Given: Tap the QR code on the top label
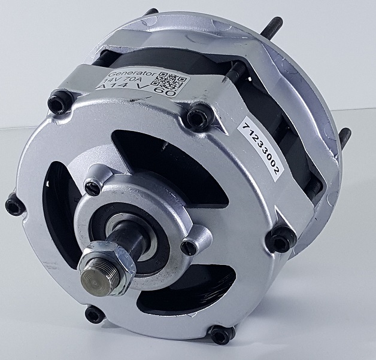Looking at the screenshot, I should [x=174, y=83].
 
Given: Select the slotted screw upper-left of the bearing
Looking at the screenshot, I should [x=92, y=187].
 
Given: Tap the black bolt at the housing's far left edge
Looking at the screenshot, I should [x=14, y=206].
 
